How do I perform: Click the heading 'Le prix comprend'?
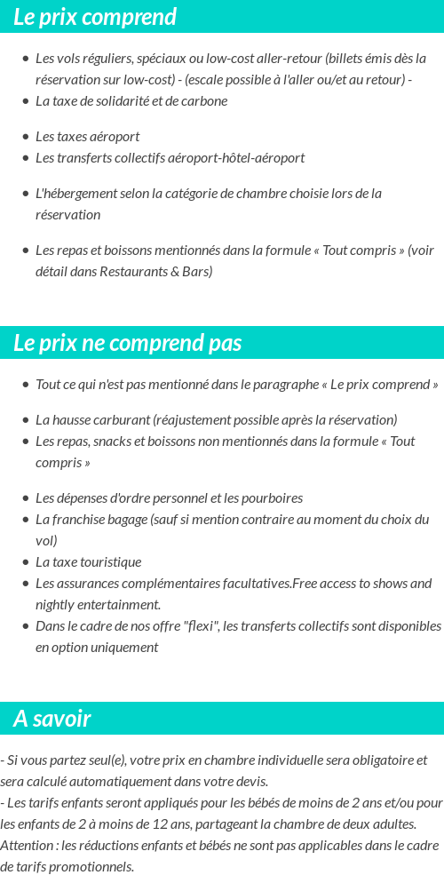(95, 17)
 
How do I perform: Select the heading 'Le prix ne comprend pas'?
(128, 343)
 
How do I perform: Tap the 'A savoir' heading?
(52, 719)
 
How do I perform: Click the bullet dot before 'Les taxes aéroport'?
(25, 137)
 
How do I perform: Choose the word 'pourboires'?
(272, 498)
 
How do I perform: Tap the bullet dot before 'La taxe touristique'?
(25, 562)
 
